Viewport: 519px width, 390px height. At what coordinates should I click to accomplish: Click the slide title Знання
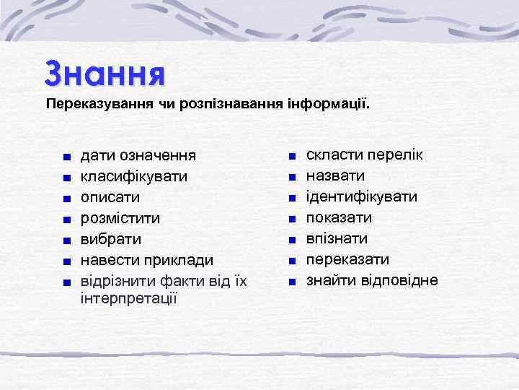point(105,73)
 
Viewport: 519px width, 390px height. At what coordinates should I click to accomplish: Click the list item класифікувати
point(135,176)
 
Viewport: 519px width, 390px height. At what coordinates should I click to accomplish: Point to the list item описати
point(110,197)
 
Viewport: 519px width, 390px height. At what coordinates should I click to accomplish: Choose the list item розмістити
point(120,217)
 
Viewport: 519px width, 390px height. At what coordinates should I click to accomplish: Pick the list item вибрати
point(110,238)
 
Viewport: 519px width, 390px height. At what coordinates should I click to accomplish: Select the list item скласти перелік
point(365,155)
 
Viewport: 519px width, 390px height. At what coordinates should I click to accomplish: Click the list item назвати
point(335,175)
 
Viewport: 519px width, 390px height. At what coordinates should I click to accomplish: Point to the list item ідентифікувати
point(362,196)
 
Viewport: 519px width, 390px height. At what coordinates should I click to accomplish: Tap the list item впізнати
point(337,238)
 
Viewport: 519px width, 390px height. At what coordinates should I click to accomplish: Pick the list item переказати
point(347,259)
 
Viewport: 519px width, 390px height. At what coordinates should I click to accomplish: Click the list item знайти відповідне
point(372,280)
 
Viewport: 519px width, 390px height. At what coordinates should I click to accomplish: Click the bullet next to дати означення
point(66,157)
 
